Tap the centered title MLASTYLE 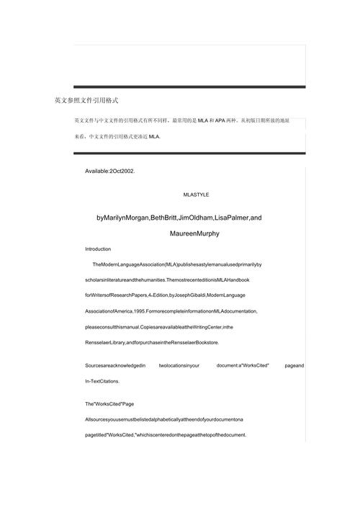[x=197, y=194]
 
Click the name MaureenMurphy [x=194, y=234]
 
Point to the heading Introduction [x=98, y=249]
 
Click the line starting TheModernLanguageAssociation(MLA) [x=177, y=265]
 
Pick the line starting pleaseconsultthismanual [x=158, y=327]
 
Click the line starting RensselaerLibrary [x=152, y=342]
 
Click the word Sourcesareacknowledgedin [x=115, y=366]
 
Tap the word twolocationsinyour [x=179, y=366]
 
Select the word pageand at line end [x=294, y=366]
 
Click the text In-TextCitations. [x=103, y=381]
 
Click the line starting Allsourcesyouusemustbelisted [x=163, y=419]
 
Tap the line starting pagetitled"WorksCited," [x=165, y=435]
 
